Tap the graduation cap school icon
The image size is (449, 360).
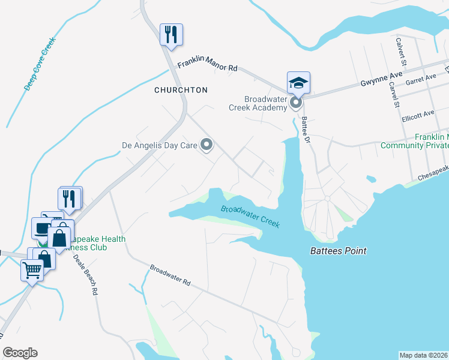pyautogui.click(x=298, y=82)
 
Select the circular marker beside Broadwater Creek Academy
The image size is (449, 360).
pyautogui.click(x=295, y=104)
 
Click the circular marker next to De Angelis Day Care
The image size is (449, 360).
pyautogui.click(x=206, y=145)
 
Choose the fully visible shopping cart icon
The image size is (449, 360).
pyautogui.click(x=32, y=269)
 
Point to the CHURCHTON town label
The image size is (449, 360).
pyautogui.click(x=181, y=90)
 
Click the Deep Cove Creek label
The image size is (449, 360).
pyautogui.click(x=40, y=64)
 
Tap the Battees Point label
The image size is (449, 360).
pyautogui.click(x=338, y=251)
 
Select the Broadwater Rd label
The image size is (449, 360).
pyautogui.click(x=170, y=275)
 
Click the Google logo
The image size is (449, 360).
pyautogui.click(x=20, y=353)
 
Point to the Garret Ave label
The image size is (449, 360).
pyautogui.click(x=421, y=79)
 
